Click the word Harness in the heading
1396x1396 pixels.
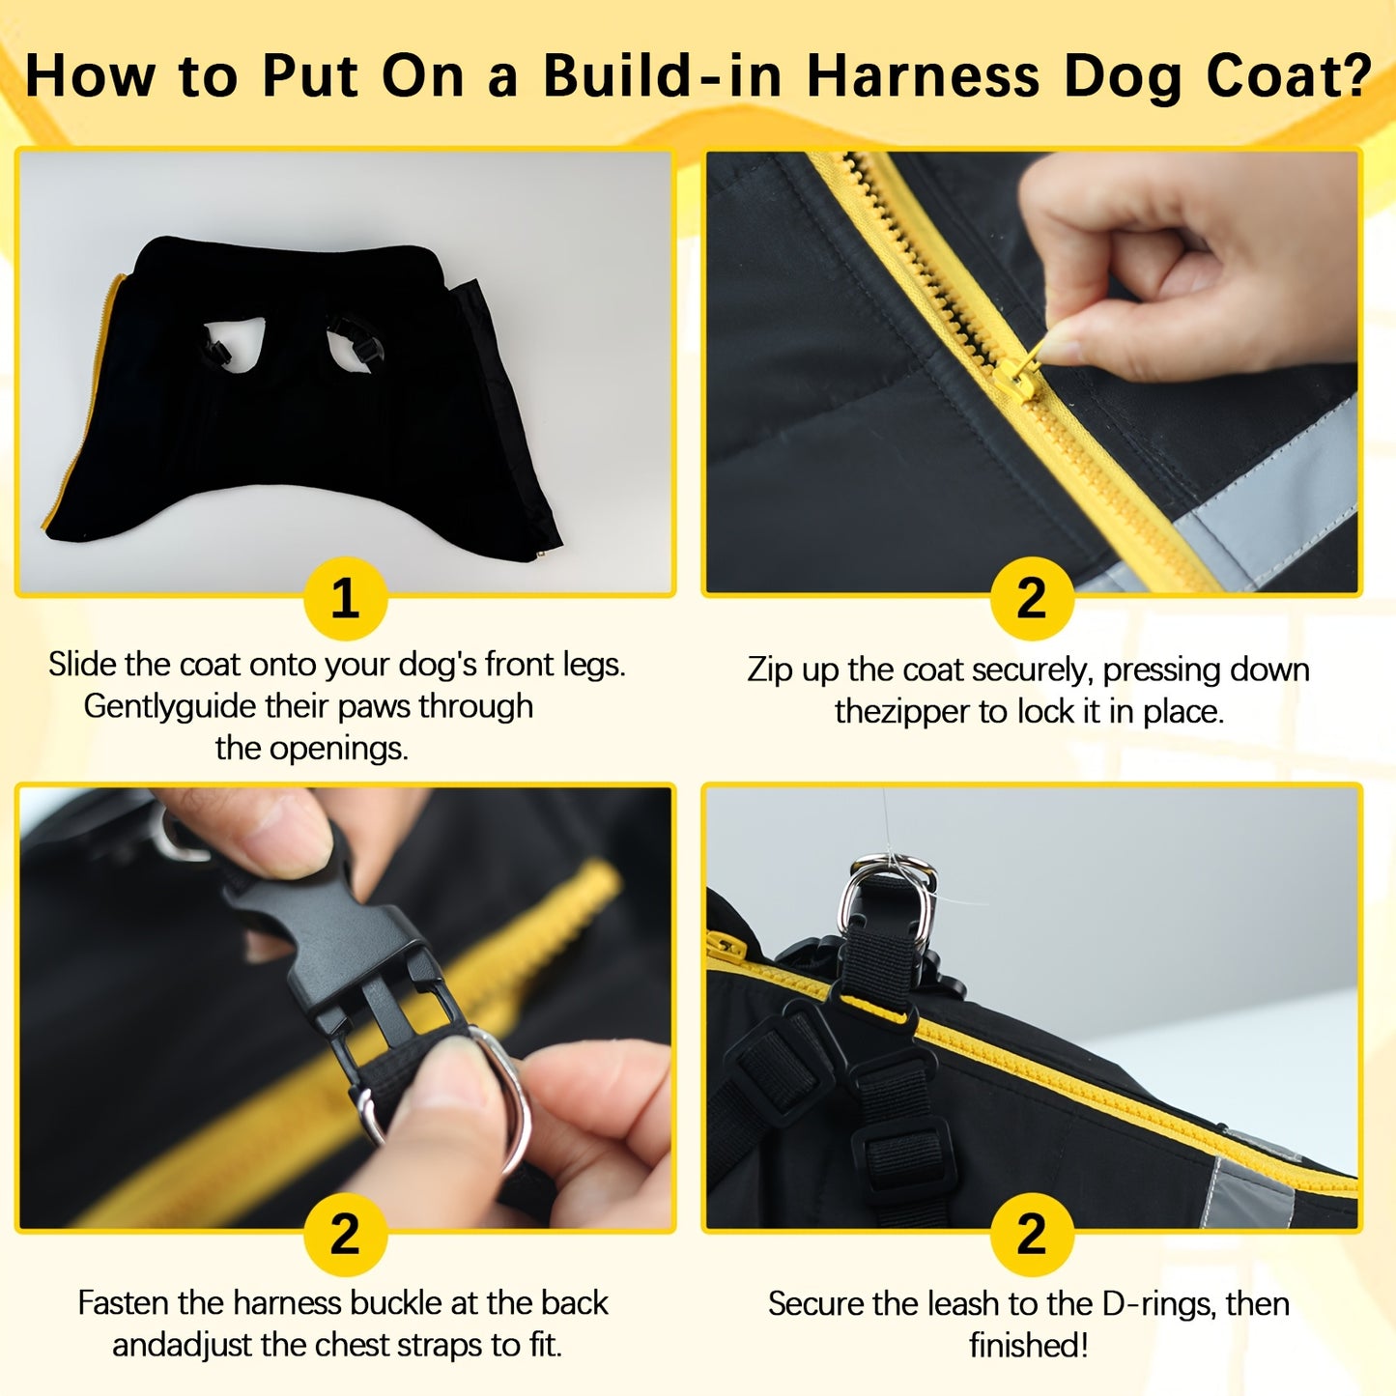click(x=923, y=75)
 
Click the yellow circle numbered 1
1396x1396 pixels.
click(x=345, y=599)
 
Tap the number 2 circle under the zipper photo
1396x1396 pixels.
click(x=1031, y=599)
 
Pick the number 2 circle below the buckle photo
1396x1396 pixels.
click(x=345, y=1234)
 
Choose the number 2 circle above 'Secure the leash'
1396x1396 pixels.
click(x=1031, y=1234)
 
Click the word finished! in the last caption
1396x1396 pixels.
click(x=1029, y=1345)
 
